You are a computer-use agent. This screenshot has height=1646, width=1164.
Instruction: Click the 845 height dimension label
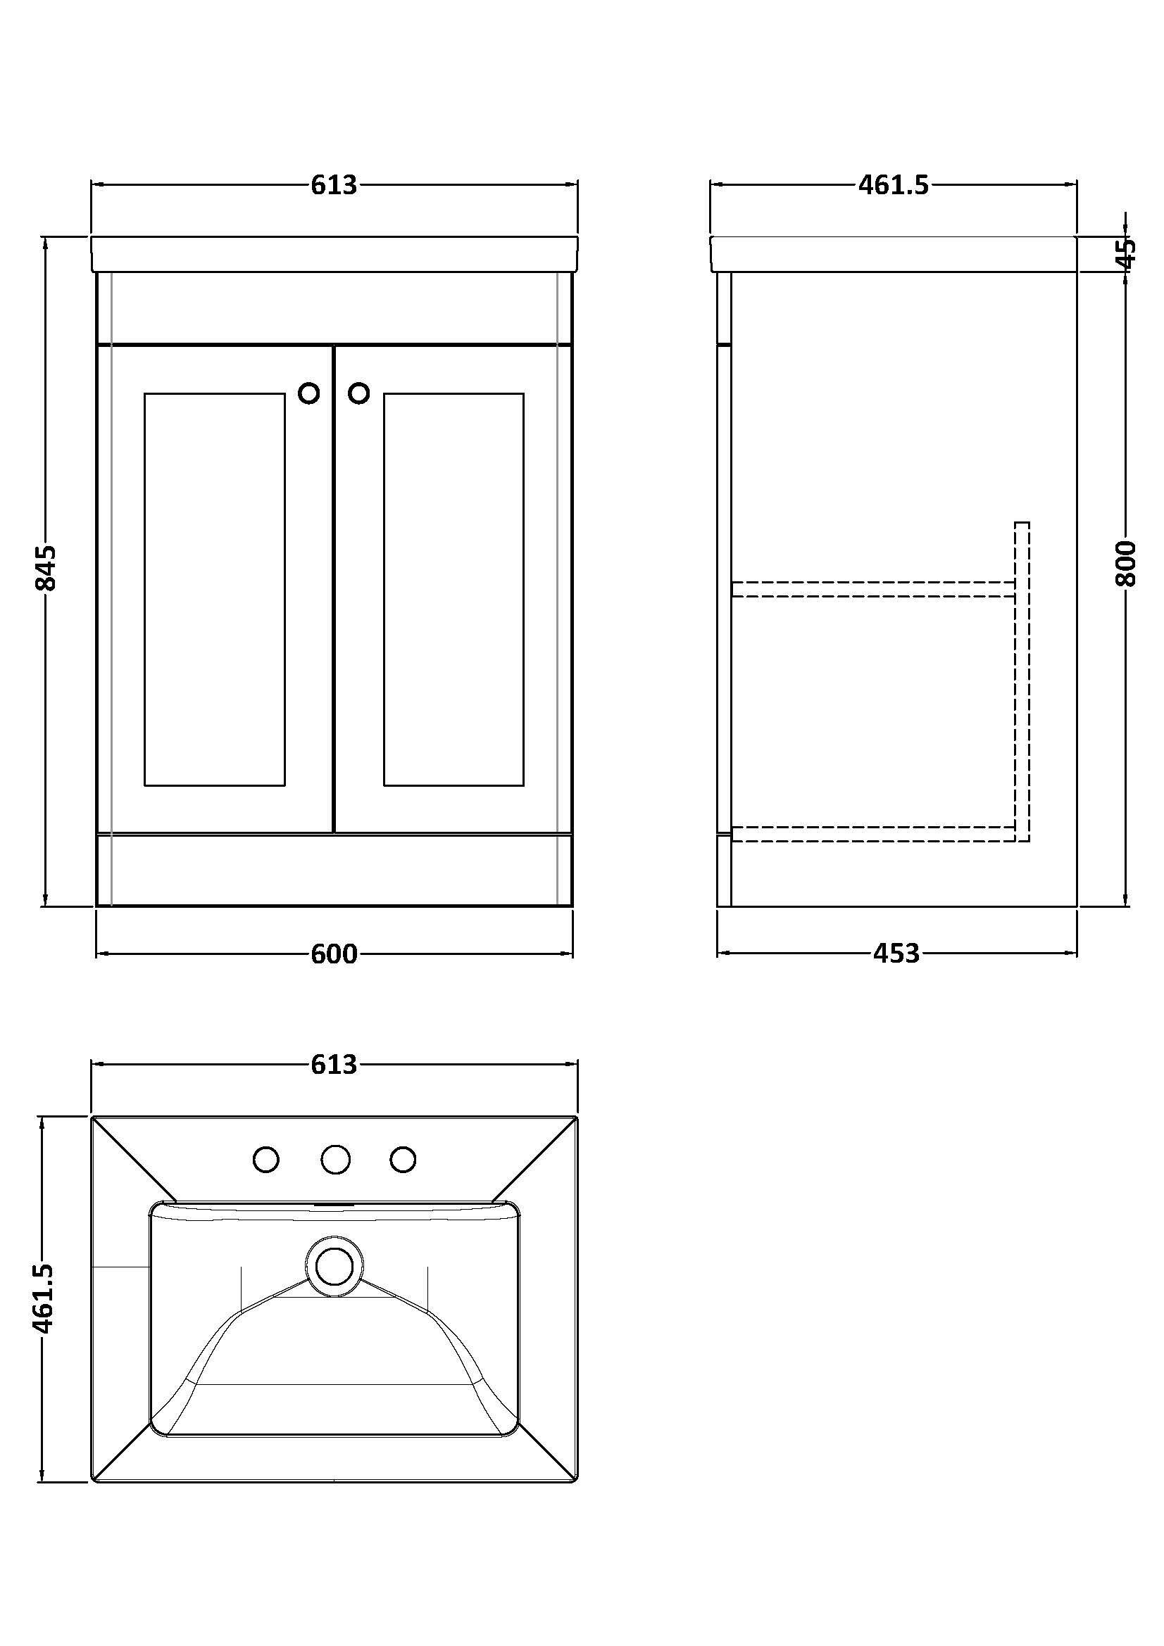tap(45, 568)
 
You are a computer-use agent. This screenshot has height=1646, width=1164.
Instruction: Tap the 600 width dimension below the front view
tap(334, 954)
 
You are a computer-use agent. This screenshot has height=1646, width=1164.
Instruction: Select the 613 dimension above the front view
tap(334, 186)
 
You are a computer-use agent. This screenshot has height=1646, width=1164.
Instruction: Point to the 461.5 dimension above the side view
tap(894, 186)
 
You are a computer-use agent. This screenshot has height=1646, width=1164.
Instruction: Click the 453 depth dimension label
tap(896, 954)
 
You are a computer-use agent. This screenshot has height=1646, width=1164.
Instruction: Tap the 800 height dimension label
tap(1126, 564)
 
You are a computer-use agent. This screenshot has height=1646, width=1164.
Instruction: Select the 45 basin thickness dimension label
tap(1127, 253)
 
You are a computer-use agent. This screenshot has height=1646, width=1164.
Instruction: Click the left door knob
tap(309, 393)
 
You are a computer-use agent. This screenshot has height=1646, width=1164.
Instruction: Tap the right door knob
tap(358, 393)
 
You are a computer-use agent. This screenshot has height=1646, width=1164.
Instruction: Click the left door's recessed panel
tap(215, 589)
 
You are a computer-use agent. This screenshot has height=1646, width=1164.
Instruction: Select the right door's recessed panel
tap(453, 589)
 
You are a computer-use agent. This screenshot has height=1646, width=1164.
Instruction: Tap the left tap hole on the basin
tap(267, 1159)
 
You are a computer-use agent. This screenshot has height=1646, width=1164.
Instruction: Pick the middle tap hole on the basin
tap(335, 1159)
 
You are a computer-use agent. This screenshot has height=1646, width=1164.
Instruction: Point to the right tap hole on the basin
tap(403, 1159)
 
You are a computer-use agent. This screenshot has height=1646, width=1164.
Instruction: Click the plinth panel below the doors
tap(334, 870)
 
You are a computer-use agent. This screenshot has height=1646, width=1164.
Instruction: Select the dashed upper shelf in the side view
tap(874, 588)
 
